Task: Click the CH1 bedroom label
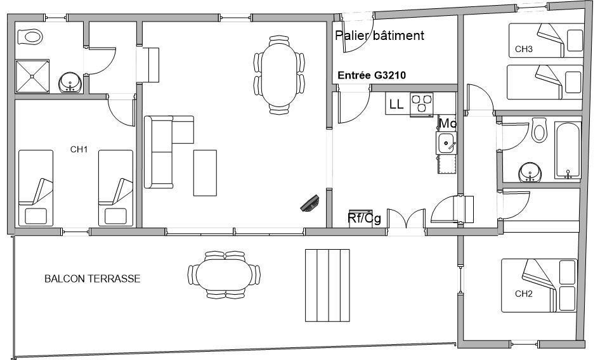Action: pos(79,149)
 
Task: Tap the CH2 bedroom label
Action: pos(523,294)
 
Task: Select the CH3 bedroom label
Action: pos(523,49)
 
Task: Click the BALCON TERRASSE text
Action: pos(93,278)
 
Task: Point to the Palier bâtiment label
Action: pos(379,35)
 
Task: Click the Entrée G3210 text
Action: pos(372,75)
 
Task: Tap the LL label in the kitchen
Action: pos(396,104)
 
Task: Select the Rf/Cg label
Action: pos(364,219)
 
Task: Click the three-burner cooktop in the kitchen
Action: pos(421,104)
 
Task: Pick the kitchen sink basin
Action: pos(446,143)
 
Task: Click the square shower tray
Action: pos(32,76)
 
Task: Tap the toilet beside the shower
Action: pos(30,37)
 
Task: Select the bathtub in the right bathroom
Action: pos(568,150)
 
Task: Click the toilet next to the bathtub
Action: pos(539,130)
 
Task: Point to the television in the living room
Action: pos(310,203)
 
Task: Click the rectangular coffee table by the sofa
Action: pos(205,173)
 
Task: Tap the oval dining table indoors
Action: pos(279,75)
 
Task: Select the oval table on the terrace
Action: pos(225,274)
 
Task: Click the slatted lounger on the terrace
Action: pos(327,285)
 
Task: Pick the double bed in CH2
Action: pos(539,285)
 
